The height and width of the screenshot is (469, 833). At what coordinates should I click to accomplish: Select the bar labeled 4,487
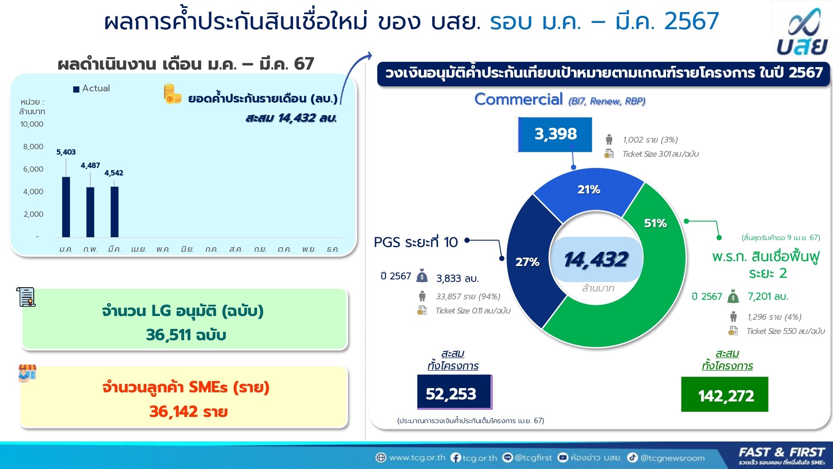[x=90, y=212]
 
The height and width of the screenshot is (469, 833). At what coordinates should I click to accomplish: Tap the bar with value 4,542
[x=115, y=212]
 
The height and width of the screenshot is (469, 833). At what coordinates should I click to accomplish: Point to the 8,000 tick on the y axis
[x=33, y=147]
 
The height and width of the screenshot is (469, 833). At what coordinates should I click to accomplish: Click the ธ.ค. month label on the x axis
[x=333, y=249]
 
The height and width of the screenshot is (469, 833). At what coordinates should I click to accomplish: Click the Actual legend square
[x=76, y=89]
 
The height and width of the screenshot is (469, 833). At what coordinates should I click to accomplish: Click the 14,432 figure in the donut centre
[x=596, y=259]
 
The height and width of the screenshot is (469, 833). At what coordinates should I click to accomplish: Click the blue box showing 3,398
[x=555, y=134]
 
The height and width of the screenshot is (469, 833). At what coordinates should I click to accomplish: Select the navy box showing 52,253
[x=454, y=392]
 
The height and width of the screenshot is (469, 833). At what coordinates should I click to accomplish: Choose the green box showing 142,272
[x=725, y=394]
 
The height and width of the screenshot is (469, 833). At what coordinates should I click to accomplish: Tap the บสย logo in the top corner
[x=802, y=33]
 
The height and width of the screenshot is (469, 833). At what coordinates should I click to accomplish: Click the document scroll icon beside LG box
[x=26, y=297]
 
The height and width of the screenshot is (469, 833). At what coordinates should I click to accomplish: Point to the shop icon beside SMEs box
[x=27, y=373]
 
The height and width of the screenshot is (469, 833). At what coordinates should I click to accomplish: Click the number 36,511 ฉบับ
[x=186, y=335]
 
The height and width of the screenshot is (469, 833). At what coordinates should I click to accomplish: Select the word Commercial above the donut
[x=519, y=99]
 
